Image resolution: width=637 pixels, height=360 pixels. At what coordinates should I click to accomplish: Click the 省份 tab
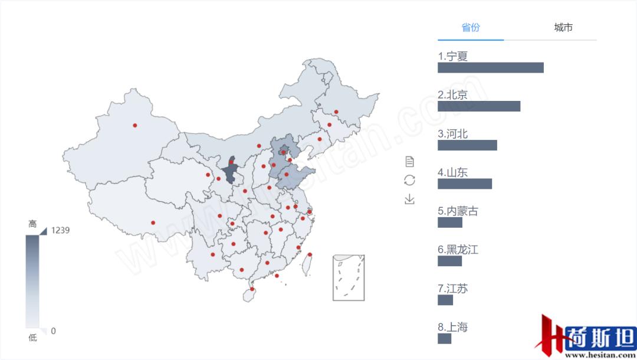coord(471,28)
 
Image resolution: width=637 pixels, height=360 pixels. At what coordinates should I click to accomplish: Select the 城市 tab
coord(563,28)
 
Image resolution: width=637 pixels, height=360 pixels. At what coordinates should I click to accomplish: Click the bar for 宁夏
coord(490,68)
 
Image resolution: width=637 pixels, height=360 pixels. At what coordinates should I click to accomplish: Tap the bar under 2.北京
coord(478,106)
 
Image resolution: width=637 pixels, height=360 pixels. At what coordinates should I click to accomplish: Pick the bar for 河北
coord(467,145)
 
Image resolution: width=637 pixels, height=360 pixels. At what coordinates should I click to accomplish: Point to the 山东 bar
coord(464,184)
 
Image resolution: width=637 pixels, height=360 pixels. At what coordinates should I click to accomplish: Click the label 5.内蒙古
coord(458,211)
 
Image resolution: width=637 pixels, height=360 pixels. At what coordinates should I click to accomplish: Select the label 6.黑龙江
coord(458,250)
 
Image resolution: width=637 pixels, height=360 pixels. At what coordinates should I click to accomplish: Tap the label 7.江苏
coord(452,289)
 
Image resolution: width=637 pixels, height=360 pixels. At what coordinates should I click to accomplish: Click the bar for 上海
coord(444,339)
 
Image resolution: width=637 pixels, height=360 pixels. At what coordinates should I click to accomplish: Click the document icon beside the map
coord(409,162)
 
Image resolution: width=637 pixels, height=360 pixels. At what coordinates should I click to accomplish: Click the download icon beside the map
coord(409,199)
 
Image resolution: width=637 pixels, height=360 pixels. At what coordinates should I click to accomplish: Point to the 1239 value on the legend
coord(60,230)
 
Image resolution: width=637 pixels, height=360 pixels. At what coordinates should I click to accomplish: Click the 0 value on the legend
coord(53,331)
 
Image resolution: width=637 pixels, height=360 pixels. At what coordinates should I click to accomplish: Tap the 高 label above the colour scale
coord(32,224)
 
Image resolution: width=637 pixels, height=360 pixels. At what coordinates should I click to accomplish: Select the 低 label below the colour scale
coord(32,338)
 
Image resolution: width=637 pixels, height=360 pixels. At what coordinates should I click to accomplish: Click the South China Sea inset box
coord(348,277)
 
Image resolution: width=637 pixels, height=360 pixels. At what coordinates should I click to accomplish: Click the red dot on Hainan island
coord(252,289)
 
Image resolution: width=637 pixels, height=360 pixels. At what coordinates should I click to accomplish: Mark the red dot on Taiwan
coord(310,255)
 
